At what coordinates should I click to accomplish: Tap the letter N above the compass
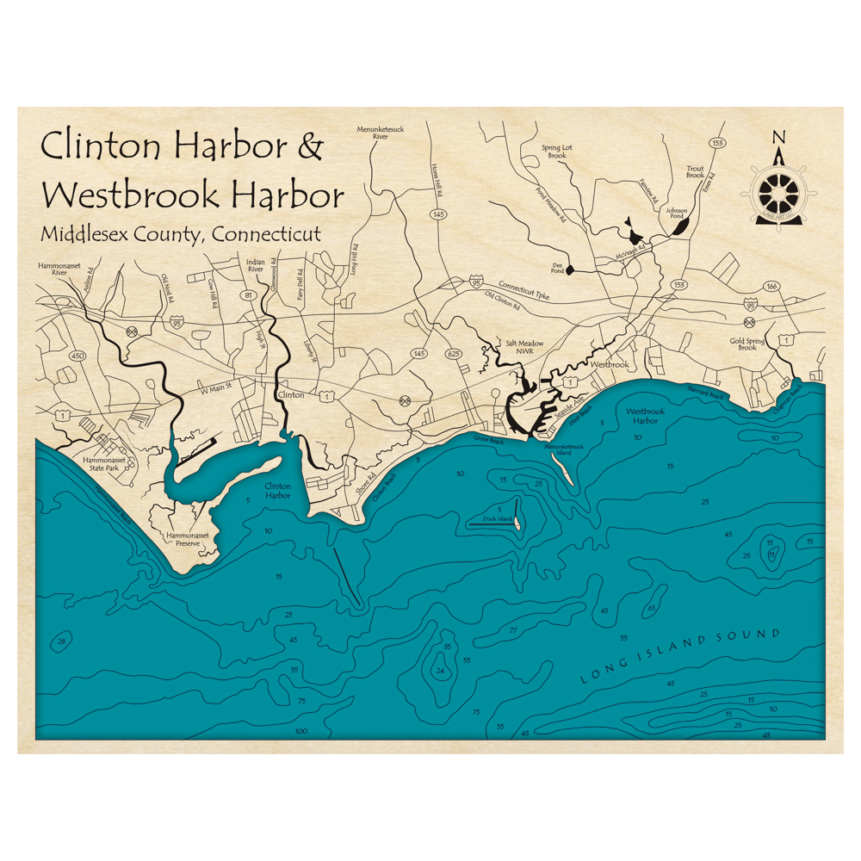pos(779,137)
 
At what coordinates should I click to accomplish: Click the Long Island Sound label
pos(679,657)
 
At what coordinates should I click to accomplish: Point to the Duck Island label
pos(498,519)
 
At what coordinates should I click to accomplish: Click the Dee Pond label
pos(557,269)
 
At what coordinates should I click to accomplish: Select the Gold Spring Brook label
pos(746,344)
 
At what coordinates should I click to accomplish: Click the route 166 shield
pos(771,286)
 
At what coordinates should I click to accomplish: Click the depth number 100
pos(300,731)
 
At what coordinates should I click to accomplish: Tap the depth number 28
pos(61,641)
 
